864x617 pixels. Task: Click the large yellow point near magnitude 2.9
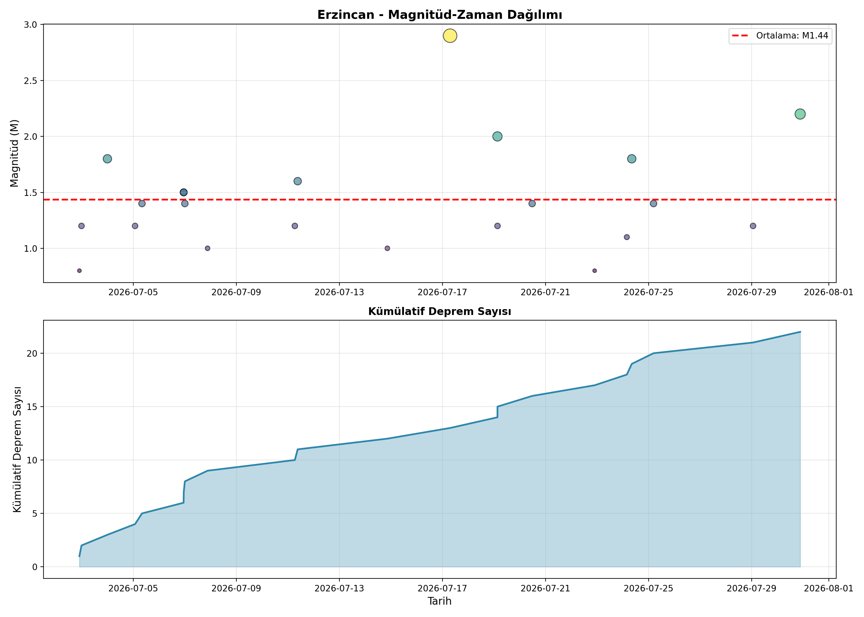(x=450, y=36)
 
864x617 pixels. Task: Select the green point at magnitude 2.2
(x=800, y=114)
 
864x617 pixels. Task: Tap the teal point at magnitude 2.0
(x=497, y=136)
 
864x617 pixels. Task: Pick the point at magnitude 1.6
(x=297, y=181)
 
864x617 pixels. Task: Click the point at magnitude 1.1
(x=627, y=237)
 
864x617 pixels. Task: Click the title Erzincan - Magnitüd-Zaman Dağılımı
(x=440, y=15)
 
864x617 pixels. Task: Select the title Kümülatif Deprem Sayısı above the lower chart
(x=440, y=312)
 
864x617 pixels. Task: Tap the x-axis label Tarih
(x=440, y=601)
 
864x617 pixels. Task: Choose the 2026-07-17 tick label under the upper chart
(x=442, y=292)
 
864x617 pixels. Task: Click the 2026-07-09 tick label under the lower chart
(x=236, y=589)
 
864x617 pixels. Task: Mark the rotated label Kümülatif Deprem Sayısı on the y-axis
(x=17, y=449)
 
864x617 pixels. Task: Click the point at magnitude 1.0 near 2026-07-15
(x=387, y=248)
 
